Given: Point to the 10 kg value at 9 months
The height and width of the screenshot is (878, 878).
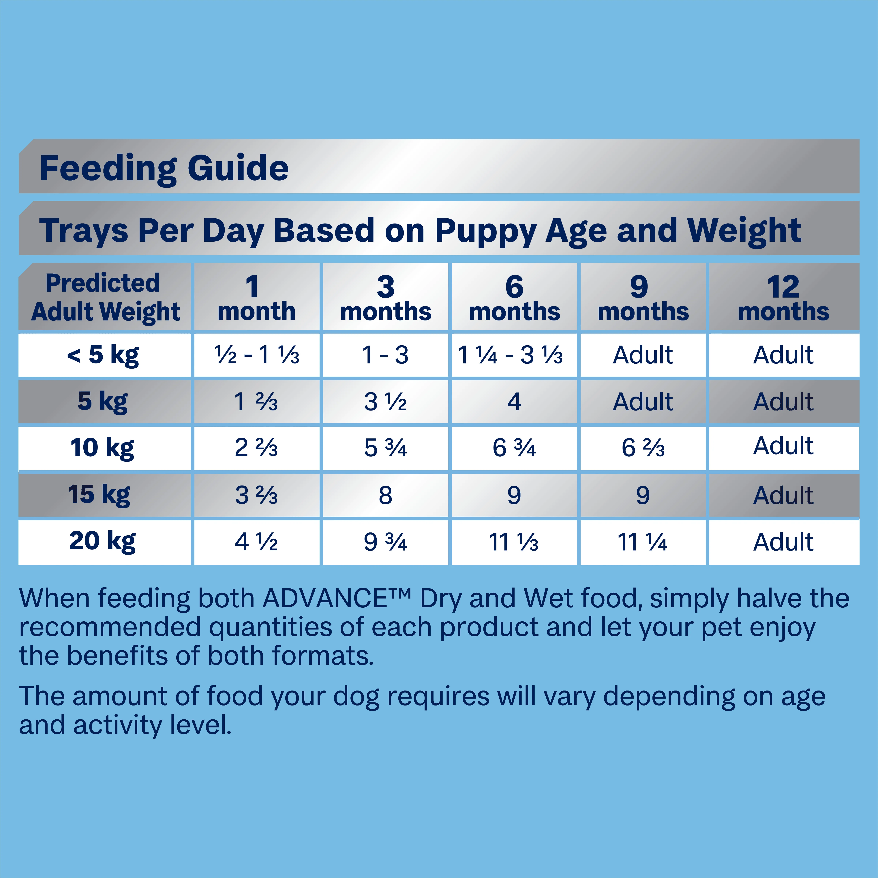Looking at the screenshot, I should click(643, 448).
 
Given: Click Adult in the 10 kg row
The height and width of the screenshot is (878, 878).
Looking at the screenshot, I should click(783, 446).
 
